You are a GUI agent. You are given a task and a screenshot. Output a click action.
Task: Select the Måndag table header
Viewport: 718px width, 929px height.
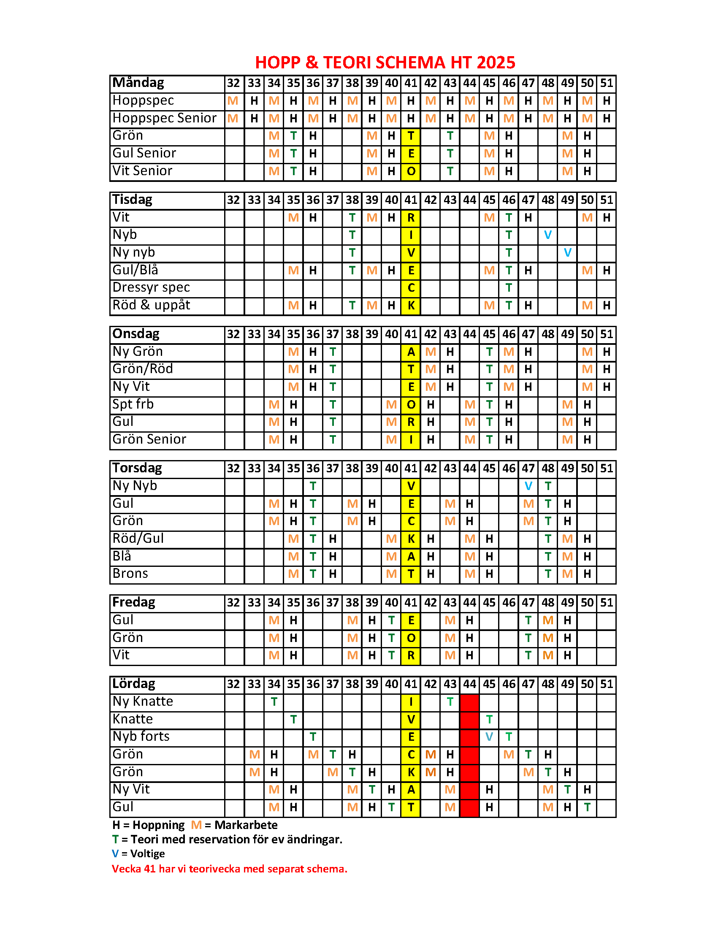[138, 83]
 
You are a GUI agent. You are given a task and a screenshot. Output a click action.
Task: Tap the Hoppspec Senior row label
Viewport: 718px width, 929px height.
[165, 118]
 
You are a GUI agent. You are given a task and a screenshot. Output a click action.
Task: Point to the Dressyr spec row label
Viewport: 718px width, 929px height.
[151, 287]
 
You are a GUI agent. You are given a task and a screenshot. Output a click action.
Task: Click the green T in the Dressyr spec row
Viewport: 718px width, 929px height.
[508, 287]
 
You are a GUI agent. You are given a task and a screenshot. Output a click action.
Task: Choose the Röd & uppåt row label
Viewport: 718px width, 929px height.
[151, 305]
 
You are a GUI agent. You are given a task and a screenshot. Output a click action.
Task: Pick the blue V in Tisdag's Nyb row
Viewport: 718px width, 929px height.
[547, 235]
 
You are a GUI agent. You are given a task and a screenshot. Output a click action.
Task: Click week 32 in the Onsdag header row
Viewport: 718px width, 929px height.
[233, 334]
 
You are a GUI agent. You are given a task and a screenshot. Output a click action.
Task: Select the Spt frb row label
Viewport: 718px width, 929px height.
[133, 404]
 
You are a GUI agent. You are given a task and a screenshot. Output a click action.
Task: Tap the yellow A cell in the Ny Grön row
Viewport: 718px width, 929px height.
[410, 352]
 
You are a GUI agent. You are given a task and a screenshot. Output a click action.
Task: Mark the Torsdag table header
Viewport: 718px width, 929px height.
[137, 468]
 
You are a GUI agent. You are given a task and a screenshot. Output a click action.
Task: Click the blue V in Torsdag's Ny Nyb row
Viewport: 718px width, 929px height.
[528, 486]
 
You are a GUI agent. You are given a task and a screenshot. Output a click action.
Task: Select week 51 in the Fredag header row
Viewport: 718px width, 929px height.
[606, 602]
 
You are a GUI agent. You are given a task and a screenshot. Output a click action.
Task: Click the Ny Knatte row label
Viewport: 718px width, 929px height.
[143, 701]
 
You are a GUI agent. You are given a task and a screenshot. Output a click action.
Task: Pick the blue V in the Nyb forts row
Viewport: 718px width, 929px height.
[489, 737]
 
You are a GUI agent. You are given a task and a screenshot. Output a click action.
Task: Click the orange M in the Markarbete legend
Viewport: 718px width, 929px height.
[196, 825]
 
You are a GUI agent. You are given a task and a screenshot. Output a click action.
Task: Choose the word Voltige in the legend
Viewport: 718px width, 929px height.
[147, 853]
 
